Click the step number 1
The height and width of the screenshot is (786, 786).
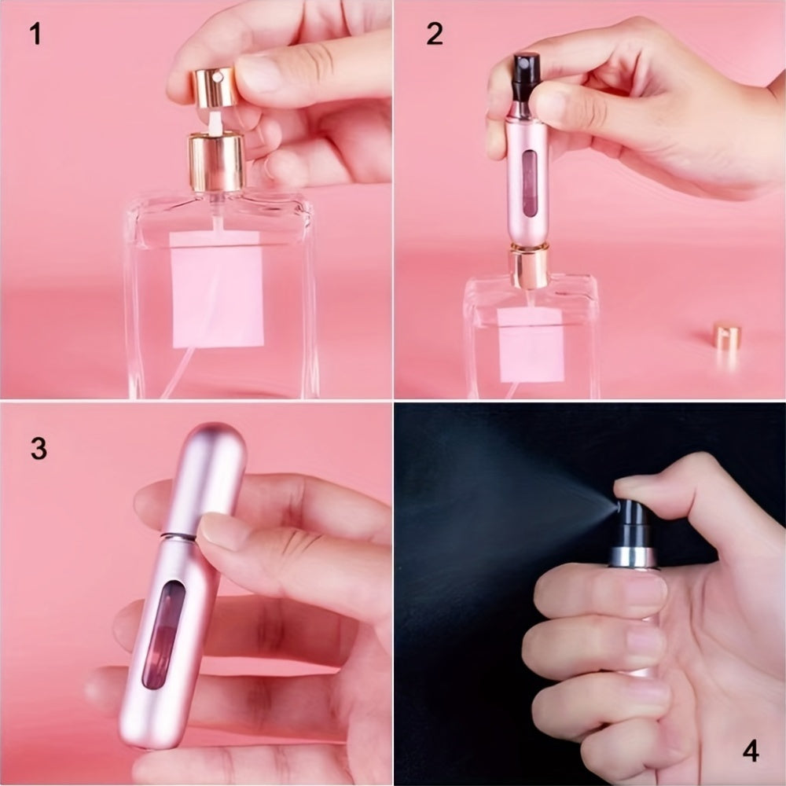pyautogui.click(x=35, y=35)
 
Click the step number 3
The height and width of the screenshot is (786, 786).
pyautogui.click(x=39, y=448)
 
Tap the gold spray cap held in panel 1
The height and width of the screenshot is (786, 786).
pyautogui.click(x=213, y=86)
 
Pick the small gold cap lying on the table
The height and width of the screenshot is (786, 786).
pyautogui.click(x=726, y=336)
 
